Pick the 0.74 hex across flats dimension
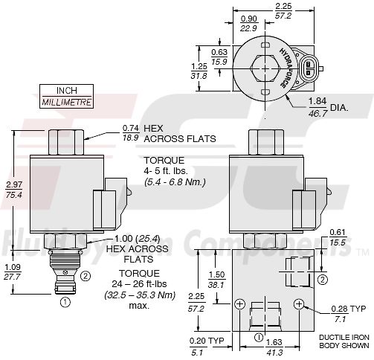click(130, 128)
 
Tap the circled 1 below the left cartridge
click(64, 302)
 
